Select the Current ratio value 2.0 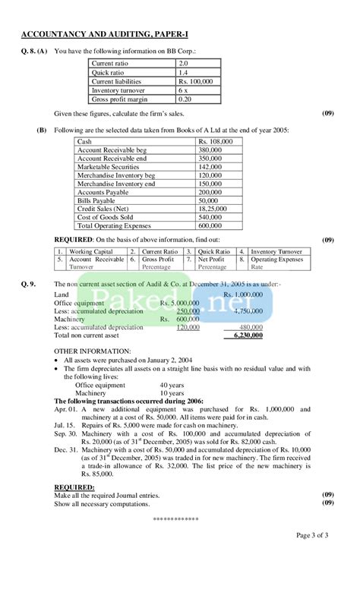[185, 65]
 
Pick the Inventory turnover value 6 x [186, 90]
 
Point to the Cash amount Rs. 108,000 [216, 142]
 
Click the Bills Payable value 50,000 [209, 200]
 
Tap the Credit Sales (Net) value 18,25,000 [213, 209]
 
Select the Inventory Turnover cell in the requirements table [276, 251]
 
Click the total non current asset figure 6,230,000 [242, 335]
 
